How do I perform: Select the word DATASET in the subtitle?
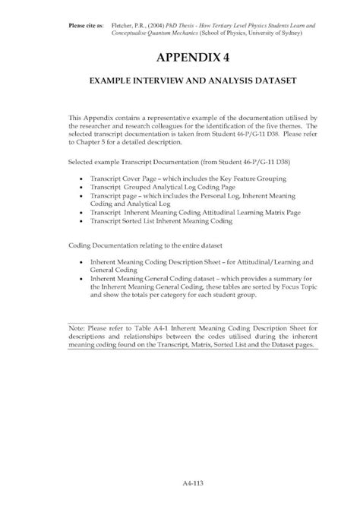point(267,79)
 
